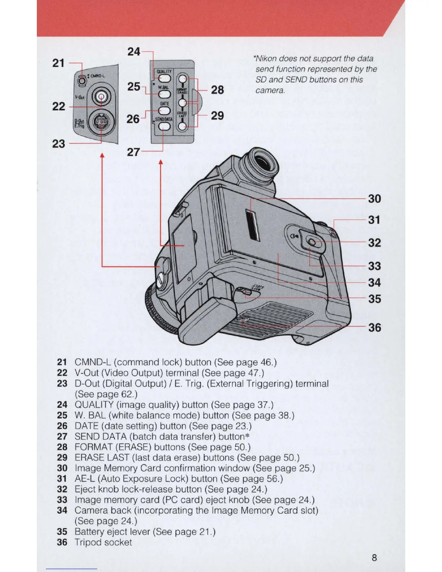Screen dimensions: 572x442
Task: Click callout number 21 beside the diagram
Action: coord(58,63)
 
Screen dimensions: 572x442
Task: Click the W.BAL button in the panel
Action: coord(164,94)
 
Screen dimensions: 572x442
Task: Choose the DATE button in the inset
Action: coord(164,110)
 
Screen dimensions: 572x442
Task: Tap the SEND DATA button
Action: coord(164,126)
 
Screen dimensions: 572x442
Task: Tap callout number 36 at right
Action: coord(374,328)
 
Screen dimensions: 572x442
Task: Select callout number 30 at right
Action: coord(374,199)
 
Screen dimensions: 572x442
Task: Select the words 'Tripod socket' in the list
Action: coord(103,542)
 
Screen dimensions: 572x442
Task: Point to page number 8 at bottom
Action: coord(374,558)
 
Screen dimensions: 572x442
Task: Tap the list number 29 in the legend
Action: coord(62,458)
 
